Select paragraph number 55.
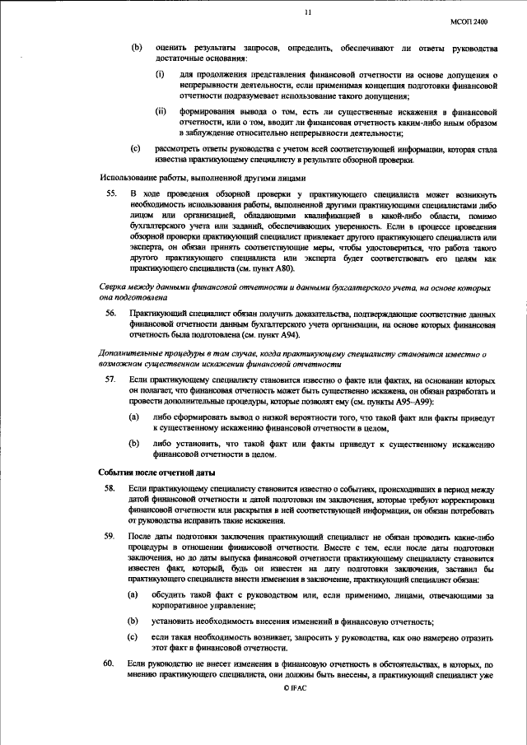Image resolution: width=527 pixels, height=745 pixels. pyautogui.click(x=110, y=193)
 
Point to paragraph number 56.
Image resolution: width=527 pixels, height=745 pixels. pyautogui.click(x=110, y=314)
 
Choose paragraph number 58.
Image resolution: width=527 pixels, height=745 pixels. pyautogui.click(x=110, y=488)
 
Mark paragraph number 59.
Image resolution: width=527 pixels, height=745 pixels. pyautogui.click(x=110, y=536)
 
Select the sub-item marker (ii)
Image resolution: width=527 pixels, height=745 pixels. pyautogui.click(x=161, y=111)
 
